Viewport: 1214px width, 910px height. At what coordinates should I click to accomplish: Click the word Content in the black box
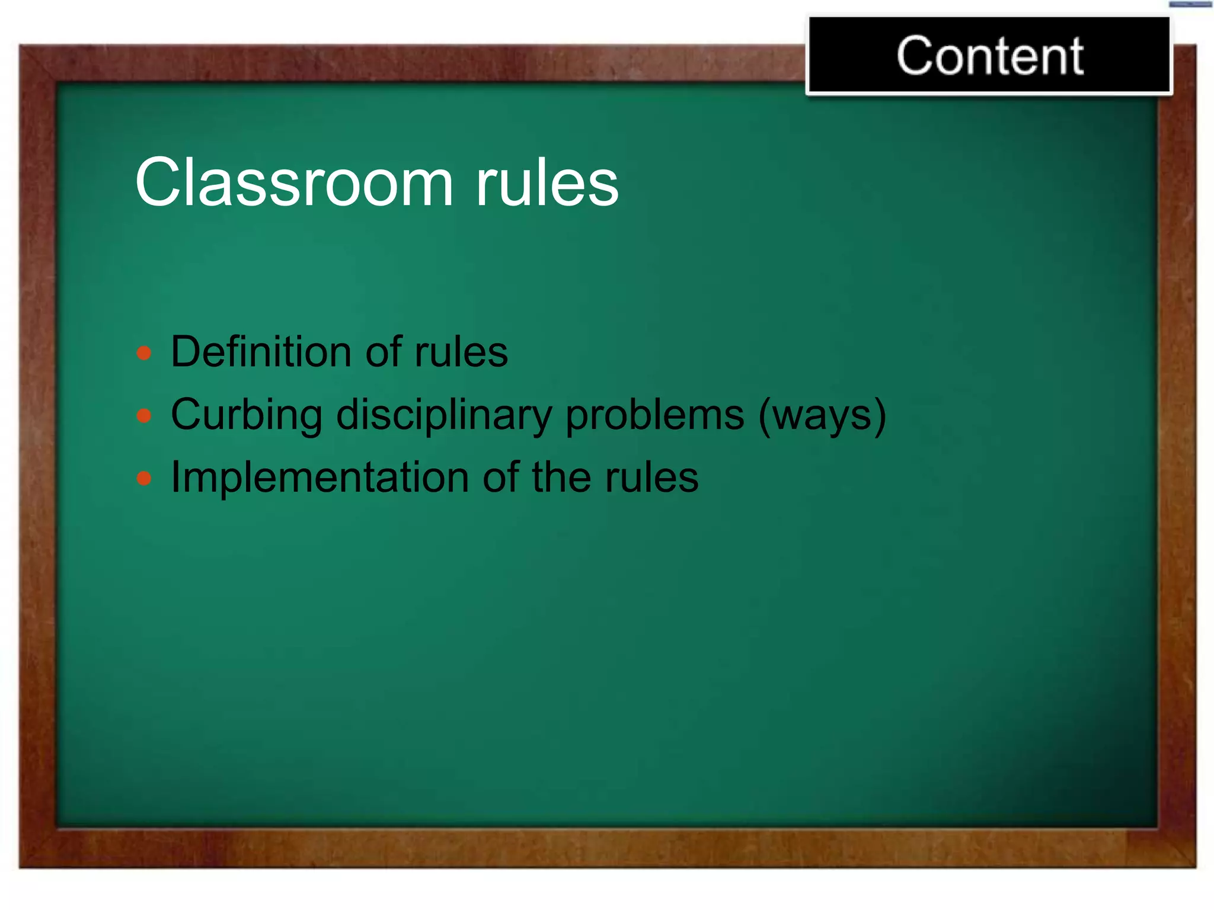pos(990,56)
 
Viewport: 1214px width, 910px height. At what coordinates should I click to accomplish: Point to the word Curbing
pos(246,415)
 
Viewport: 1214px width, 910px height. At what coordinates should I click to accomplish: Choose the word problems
pos(654,415)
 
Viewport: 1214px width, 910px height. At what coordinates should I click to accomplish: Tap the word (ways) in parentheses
pos(822,415)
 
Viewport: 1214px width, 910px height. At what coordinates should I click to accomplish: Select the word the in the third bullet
pos(561,478)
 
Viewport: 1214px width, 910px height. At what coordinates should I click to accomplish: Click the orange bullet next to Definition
pos(144,354)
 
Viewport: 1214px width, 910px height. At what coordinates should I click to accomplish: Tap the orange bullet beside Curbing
pos(144,416)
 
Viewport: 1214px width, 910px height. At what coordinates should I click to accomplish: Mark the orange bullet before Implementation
pos(144,478)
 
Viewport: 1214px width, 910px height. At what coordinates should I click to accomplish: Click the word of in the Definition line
pos(384,352)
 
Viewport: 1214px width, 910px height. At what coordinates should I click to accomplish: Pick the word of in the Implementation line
pos(500,478)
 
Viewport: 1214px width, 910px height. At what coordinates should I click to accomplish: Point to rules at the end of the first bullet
pos(461,352)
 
